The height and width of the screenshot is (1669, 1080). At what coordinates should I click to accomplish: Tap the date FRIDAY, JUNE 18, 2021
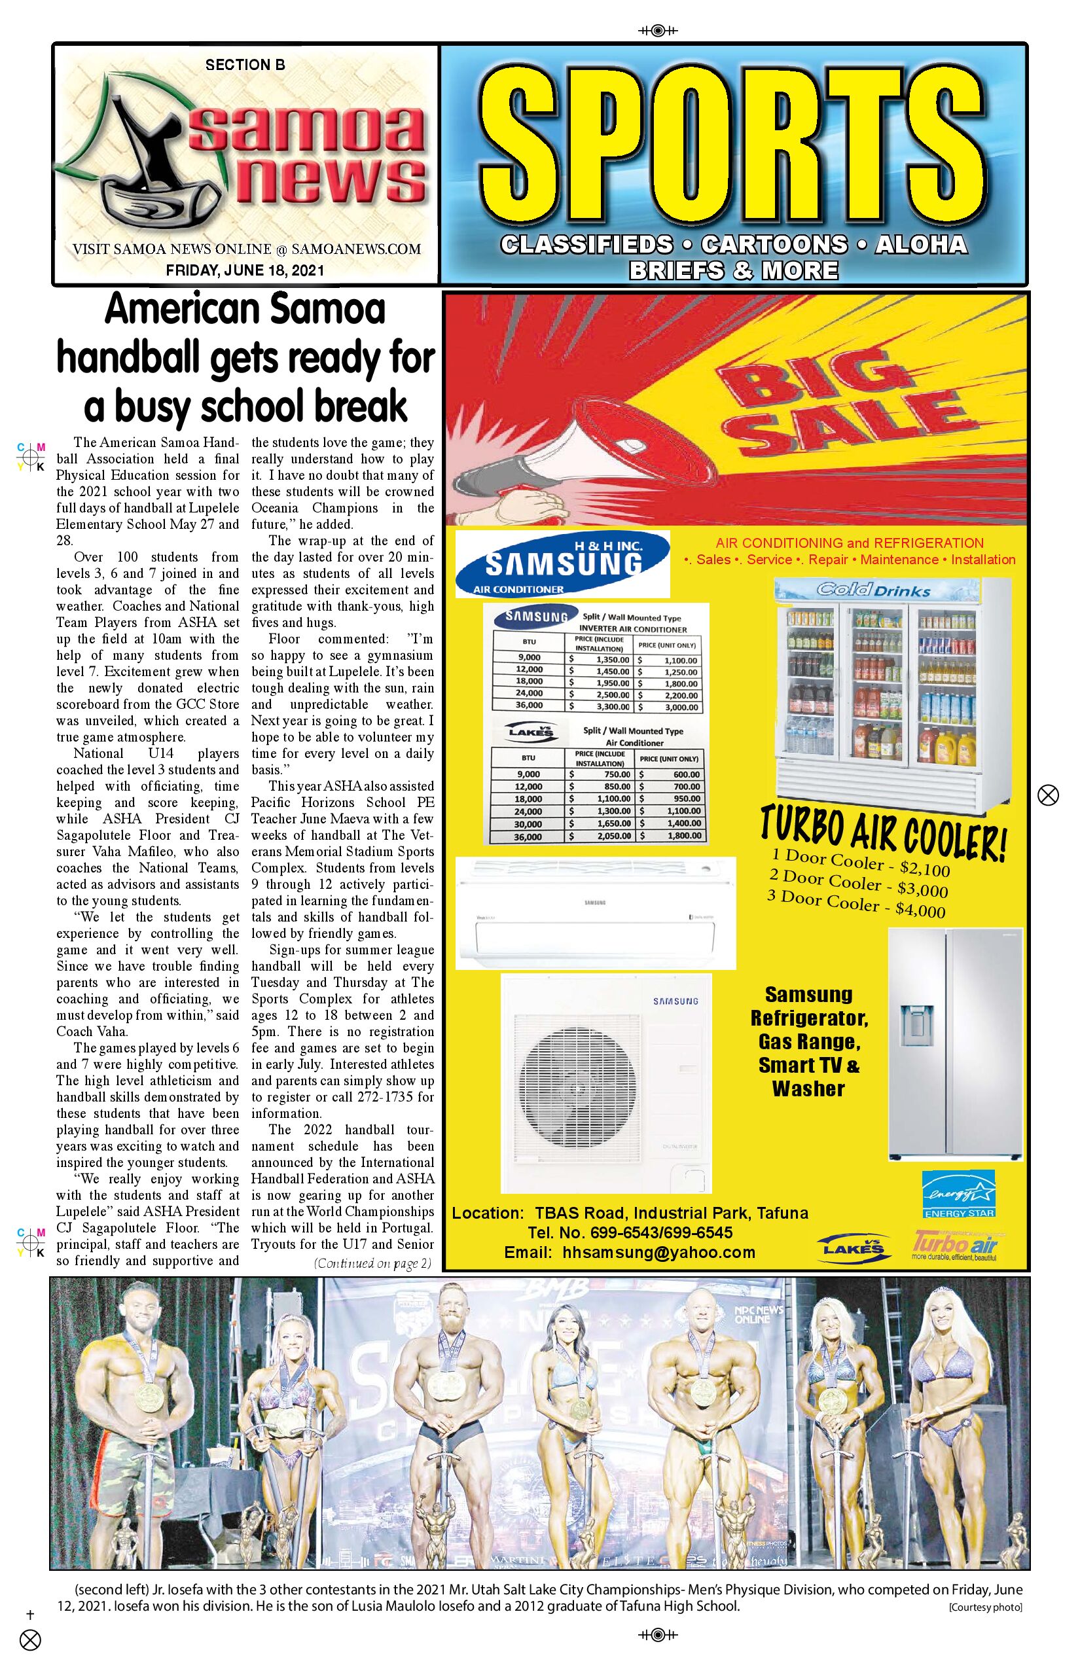click(x=245, y=271)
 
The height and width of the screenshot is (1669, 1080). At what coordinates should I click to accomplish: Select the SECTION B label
click(x=245, y=65)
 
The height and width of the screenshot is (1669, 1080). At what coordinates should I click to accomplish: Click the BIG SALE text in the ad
click(x=841, y=406)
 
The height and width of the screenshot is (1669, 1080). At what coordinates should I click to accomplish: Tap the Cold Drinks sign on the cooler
click(x=873, y=590)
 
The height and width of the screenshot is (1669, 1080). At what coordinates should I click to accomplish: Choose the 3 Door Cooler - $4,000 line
click(x=856, y=905)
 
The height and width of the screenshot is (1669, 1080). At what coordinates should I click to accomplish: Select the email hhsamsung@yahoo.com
click(x=629, y=1253)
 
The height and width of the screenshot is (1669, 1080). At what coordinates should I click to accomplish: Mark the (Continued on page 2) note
click(x=372, y=1264)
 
